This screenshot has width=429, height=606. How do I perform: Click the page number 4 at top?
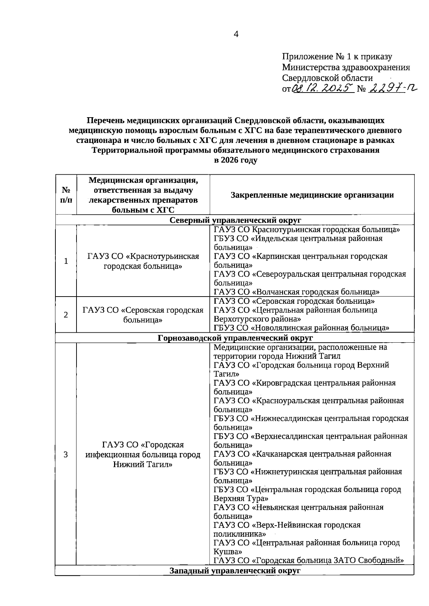coord(236,34)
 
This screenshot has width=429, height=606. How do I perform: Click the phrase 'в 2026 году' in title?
coord(235,160)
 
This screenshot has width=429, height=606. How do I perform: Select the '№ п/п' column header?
coord(66,195)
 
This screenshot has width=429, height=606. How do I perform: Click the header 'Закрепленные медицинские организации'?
coord(312,195)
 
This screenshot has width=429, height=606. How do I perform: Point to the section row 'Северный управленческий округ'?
coord(235,220)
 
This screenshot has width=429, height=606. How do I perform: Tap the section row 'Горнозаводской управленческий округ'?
coord(235,338)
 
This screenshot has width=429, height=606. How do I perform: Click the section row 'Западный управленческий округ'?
coord(235,570)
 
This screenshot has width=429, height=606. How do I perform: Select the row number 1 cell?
coord(66,261)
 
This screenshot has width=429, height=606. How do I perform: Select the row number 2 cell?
coord(66,315)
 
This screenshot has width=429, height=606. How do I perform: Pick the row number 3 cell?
coord(66,454)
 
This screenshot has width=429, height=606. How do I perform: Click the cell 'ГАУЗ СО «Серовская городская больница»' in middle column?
coord(143,315)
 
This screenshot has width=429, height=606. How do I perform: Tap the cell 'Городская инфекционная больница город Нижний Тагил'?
coord(143,454)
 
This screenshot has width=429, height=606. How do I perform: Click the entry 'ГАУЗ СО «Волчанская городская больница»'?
coord(296,292)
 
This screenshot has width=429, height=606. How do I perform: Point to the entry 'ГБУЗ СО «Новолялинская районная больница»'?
coord(301,328)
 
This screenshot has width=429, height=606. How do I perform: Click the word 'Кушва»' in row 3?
coord(225,552)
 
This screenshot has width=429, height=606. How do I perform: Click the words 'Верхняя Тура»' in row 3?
coord(241,498)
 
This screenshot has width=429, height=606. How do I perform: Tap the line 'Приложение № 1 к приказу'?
coord(337,56)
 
